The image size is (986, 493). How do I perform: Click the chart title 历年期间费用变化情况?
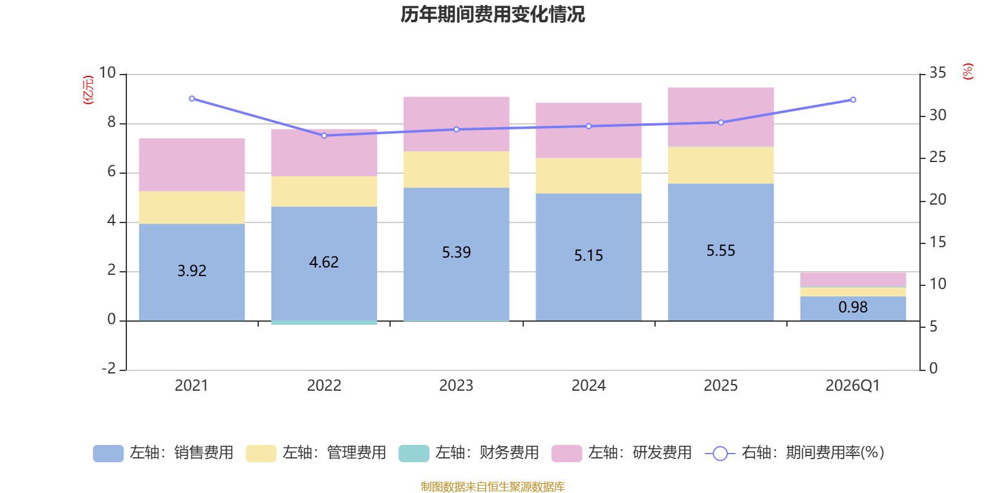coord(492,14)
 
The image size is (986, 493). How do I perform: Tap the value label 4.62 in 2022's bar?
coord(324,263)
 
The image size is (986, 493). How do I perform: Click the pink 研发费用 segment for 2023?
coord(456,124)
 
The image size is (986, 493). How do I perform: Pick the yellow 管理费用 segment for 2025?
coord(720,165)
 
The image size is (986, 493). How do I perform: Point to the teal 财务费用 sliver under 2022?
coord(324,323)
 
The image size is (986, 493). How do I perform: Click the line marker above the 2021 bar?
coord(192,99)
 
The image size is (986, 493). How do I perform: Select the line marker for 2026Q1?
coord(853,100)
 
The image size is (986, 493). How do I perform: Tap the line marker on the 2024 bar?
coord(589,126)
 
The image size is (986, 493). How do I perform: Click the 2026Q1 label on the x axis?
coord(852,386)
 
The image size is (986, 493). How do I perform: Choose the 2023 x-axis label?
coord(456,386)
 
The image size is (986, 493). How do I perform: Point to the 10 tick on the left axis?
coord(108,73)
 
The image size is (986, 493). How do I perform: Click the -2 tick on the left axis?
coord(109,369)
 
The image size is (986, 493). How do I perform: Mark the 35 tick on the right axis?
coord(937,73)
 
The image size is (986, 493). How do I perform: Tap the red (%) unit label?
coord(968,71)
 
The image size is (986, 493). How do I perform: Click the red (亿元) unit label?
coord(88,90)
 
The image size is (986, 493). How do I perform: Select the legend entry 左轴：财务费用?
coord(469,453)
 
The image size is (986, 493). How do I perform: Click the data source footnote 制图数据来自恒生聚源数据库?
coord(492,487)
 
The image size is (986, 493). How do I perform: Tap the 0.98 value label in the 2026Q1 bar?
coord(853,307)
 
